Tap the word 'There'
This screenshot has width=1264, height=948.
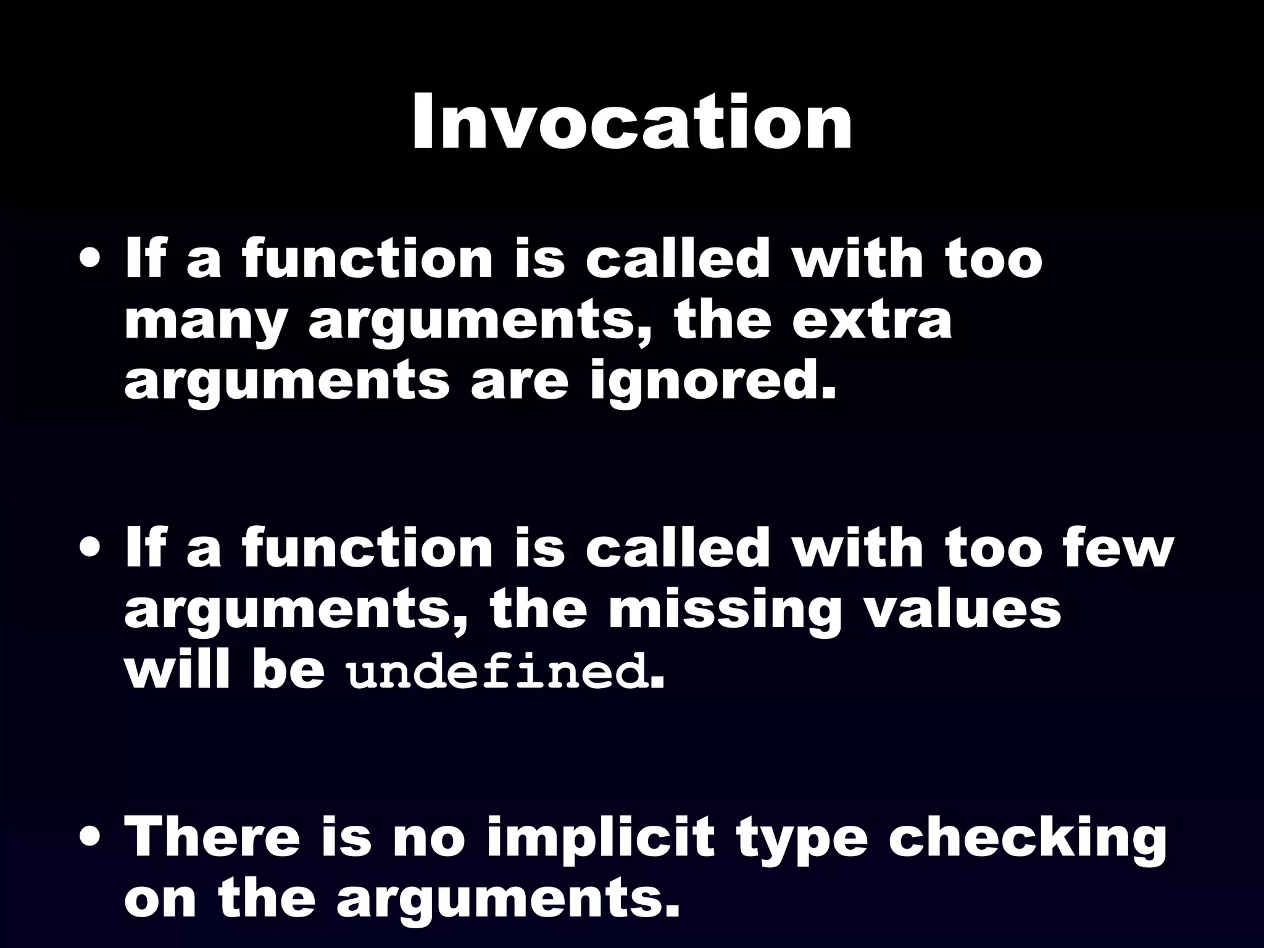click(x=211, y=837)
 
